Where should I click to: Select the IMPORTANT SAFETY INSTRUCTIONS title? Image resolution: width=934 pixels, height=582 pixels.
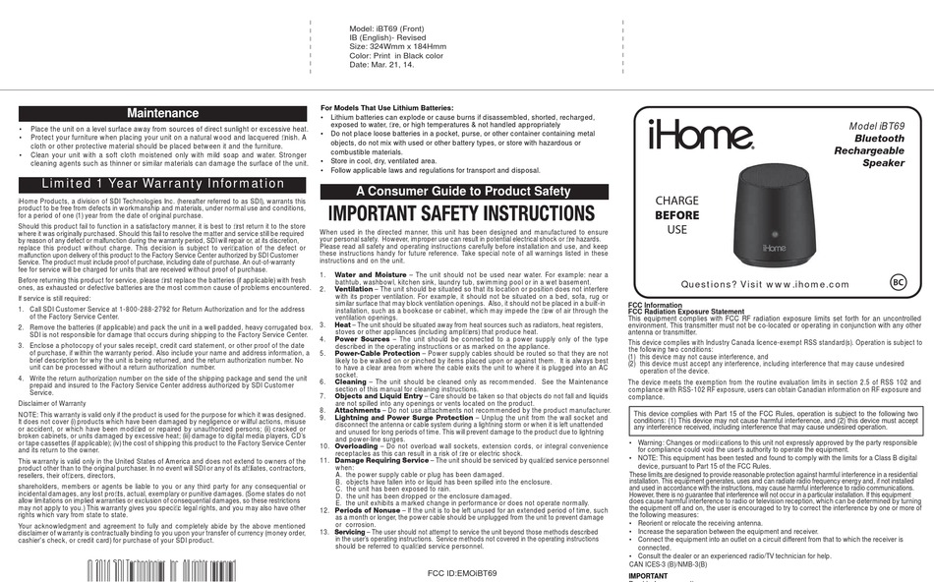pyautogui.click(x=462, y=213)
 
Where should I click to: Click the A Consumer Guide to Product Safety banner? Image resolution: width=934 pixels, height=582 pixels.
pyautogui.click(x=462, y=191)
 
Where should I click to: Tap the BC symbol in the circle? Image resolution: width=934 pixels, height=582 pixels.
pyautogui.click(x=896, y=282)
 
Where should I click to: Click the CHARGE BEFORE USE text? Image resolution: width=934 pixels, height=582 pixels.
pyautogui.click(x=677, y=214)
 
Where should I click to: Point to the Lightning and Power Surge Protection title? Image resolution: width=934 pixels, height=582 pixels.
pyautogui.click(x=404, y=417)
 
